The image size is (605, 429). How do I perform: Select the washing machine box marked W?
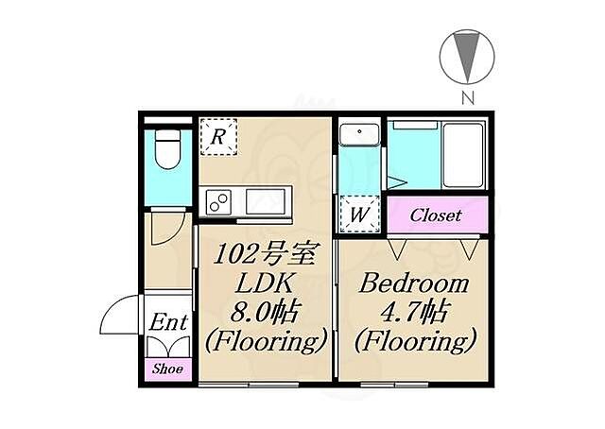[359, 214]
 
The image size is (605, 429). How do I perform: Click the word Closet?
[436, 215]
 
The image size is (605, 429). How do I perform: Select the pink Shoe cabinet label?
[167, 369]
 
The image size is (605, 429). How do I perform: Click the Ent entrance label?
[168, 322]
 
